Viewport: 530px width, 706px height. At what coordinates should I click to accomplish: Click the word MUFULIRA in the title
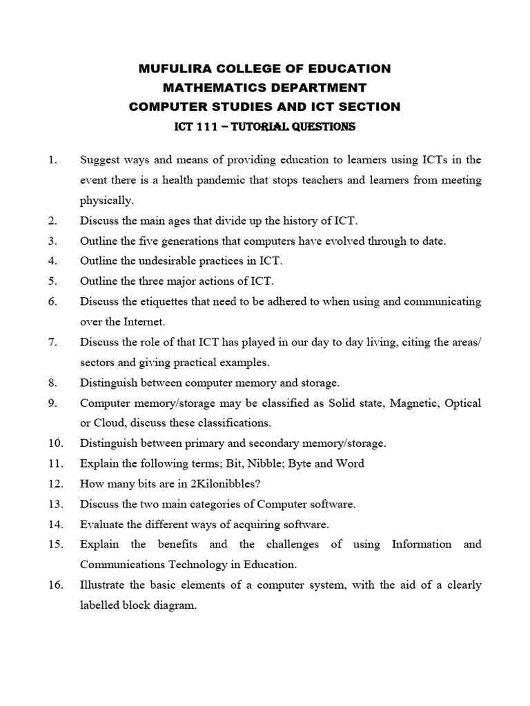(x=173, y=68)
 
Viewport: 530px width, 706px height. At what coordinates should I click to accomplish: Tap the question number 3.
(x=52, y=241)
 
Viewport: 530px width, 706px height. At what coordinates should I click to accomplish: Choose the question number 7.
(x=52, y=341)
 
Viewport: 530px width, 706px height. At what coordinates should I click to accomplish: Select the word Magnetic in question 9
(x=415, y=402)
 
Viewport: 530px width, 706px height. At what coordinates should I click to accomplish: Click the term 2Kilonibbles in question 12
(x=245, y=483)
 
